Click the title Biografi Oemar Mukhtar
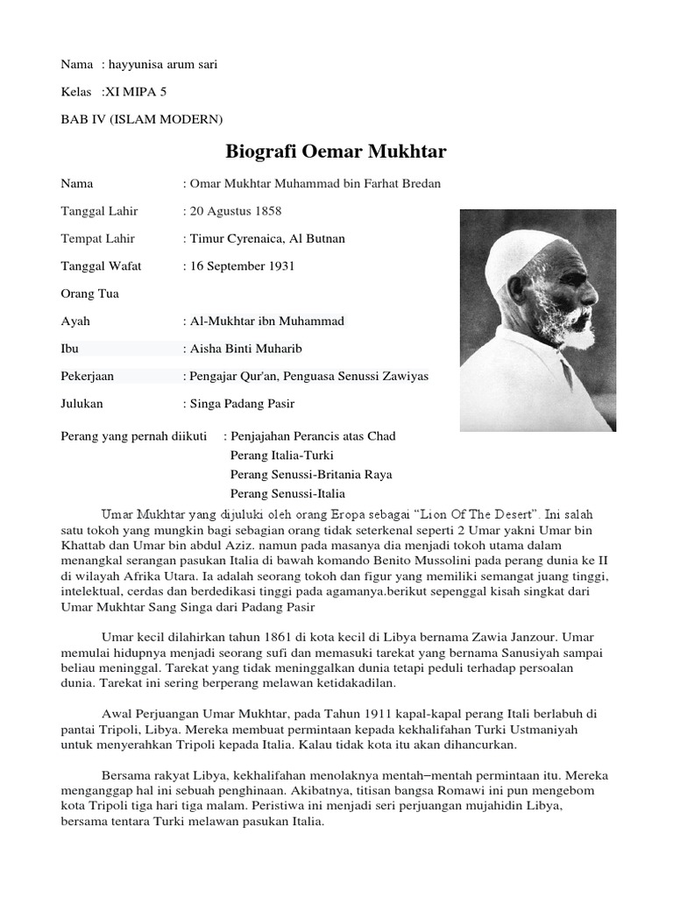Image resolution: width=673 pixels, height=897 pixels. [336, 152]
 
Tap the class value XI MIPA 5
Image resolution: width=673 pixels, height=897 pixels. [134, 91]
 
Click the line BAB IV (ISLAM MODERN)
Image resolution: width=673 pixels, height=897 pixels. [141, 117]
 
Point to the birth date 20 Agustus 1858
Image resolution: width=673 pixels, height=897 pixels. [232, 211]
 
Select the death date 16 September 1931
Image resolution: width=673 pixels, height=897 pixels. [238, 265]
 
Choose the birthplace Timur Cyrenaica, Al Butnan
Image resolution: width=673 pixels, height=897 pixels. [264, 238]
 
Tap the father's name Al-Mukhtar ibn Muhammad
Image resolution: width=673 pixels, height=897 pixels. [264, 321]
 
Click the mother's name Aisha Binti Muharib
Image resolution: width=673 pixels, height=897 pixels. [243, 349]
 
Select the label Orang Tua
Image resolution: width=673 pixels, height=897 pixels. [89, 293]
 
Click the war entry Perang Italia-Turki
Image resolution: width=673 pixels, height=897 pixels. [281, 456]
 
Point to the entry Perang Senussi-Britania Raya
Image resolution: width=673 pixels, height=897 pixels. [310, 474]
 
